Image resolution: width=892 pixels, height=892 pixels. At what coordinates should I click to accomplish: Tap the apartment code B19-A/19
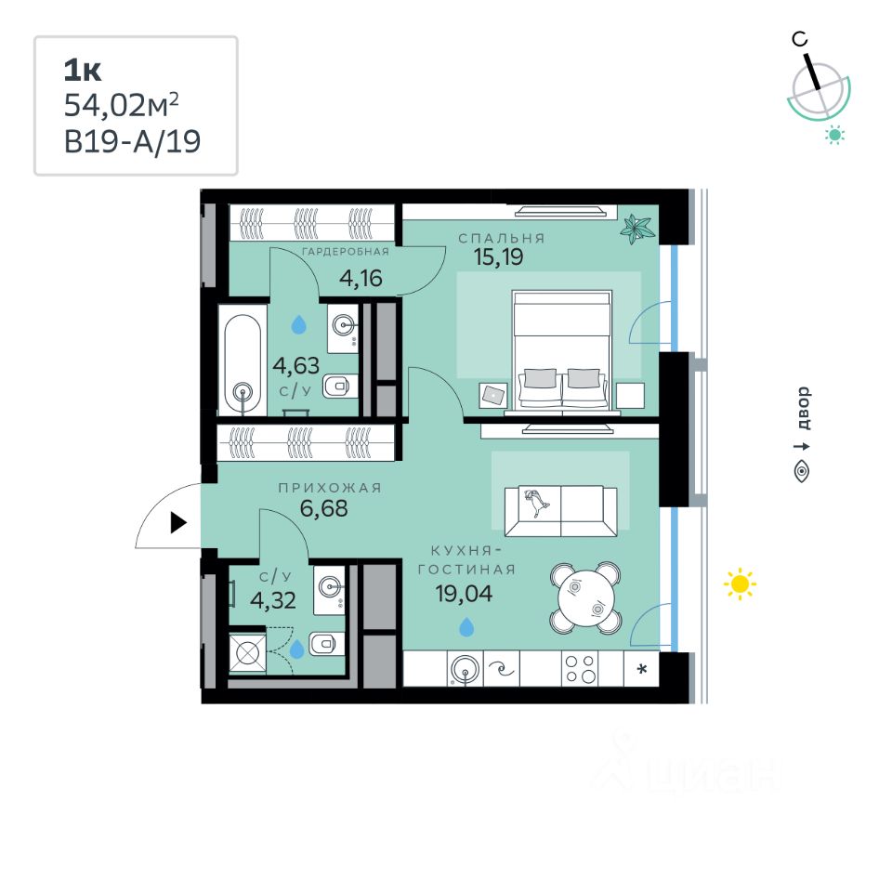(x=132, y=142)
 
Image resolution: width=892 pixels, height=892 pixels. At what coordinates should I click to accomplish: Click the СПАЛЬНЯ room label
(x=502, y=238)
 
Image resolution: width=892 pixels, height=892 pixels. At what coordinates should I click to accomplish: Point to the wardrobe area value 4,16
(x=361, y=277)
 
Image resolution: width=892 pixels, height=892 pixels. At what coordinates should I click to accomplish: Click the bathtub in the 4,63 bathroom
(x=244, y=365)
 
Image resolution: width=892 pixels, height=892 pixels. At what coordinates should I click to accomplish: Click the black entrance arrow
(x=178, y=523)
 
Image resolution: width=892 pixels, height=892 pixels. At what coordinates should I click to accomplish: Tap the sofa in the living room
(x=560, y=510)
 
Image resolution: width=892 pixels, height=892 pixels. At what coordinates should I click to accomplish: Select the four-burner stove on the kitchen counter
(x=582, y=669)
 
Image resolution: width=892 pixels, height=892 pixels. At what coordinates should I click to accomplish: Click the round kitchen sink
(x=463, y=669)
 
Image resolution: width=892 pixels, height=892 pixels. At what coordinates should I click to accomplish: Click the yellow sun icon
(x=740, y=584)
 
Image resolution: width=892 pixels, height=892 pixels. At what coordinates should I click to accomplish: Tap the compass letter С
(x=798, y=39)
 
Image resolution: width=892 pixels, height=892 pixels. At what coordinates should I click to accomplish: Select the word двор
(x=803, y=408)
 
